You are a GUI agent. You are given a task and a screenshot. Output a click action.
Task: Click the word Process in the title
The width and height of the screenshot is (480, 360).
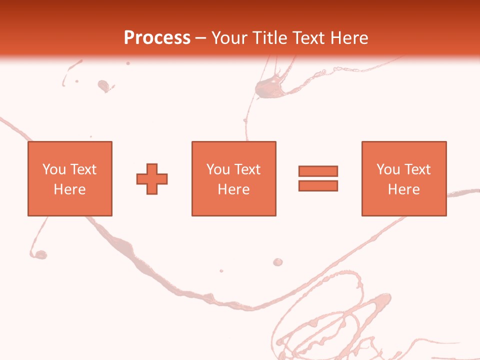[157, 38]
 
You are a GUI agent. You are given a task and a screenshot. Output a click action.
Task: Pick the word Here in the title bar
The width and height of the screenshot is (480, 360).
[349, 38]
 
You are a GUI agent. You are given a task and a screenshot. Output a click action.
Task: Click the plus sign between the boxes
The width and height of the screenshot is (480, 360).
[152, 179]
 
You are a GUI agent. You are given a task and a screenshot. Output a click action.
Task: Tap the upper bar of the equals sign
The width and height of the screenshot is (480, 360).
[318, 171]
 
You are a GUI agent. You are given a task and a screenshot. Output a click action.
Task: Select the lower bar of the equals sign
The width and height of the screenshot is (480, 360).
[318, 185]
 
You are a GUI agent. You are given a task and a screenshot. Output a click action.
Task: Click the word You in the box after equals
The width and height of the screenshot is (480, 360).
[388, 169]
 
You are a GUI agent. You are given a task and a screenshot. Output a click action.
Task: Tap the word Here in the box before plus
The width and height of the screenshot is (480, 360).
[70, 189]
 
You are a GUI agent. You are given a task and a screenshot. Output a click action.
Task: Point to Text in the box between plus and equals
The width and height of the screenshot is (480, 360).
[247, 169]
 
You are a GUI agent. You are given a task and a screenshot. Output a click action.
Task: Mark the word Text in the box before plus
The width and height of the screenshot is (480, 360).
[83, 169]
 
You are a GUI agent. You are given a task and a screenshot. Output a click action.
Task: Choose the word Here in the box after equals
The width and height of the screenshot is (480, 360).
[404, 189]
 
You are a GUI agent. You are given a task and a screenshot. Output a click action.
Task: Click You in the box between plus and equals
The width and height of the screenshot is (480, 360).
[218, 169]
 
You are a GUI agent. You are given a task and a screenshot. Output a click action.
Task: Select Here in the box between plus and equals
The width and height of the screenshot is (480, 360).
[234, 189]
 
